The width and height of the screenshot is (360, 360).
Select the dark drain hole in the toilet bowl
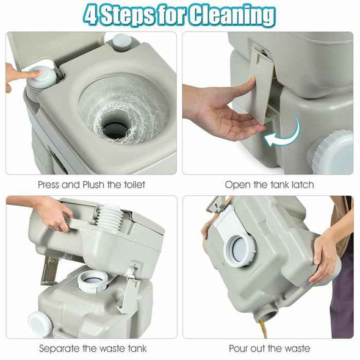[115, 128]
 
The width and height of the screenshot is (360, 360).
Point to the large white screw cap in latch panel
[331, 152]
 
